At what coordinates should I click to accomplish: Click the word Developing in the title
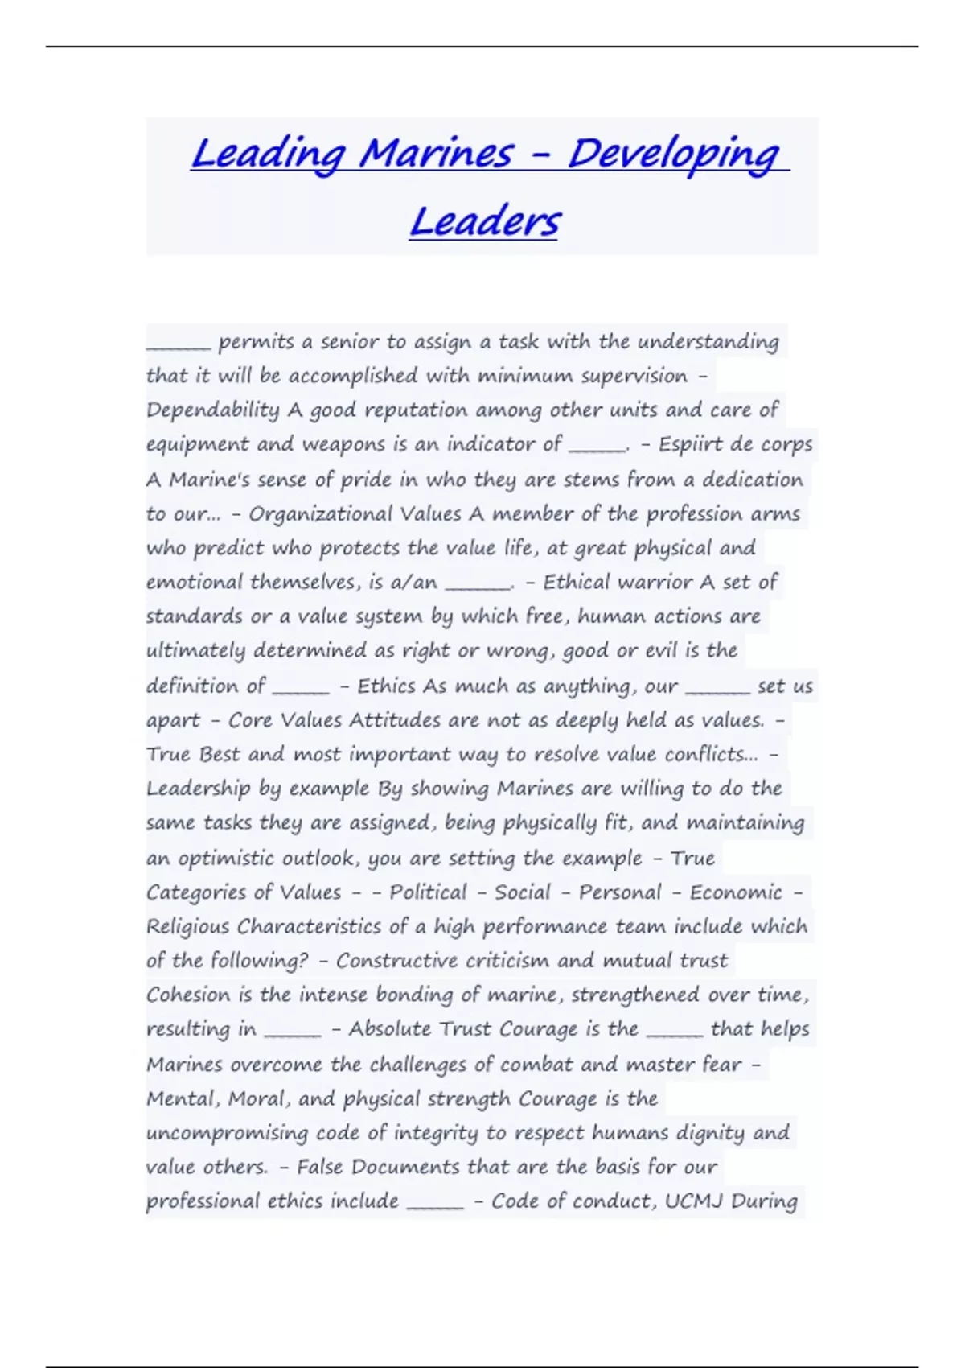pyautogui.click(x=673, y=155)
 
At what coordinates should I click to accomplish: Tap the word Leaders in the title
pyautogui.click(x=484, y=221)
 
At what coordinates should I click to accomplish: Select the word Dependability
pyautogui.click(x=213, y=410)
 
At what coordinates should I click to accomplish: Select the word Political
pyautogui.click(x=428, y=892)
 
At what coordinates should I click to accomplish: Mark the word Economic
pyautogui.click(x=736, y=892)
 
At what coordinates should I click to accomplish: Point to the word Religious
pyautogui.click(x=188, y=927)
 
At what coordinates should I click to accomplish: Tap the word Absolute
pyautogui.click(x=390, y=1029)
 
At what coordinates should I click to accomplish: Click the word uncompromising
pyautogui.click(x=227, y=1133)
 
